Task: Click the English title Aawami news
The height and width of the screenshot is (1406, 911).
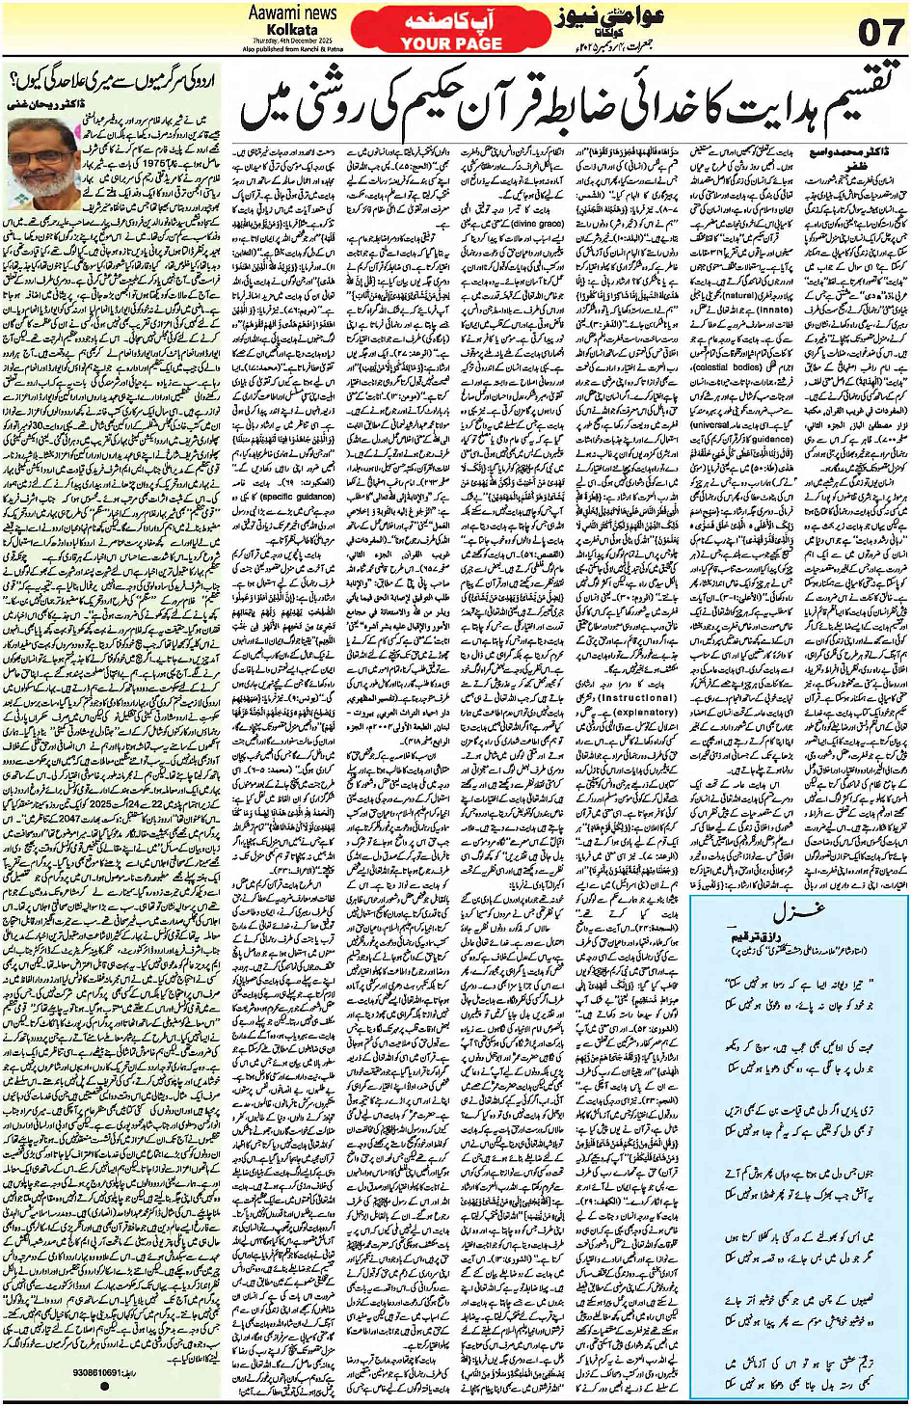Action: [x=292, y=13]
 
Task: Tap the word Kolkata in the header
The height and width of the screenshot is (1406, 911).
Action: [x=292, y=30]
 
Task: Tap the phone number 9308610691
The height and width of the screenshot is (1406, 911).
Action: [x=96, y=1371]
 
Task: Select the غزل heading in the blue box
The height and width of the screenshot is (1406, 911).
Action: [x=796, y=912]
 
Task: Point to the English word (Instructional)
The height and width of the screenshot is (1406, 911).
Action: [x=637, y=696]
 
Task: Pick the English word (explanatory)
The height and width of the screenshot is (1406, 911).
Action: [x=645, y=712]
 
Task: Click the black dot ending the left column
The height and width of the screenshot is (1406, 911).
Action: [x=104, y=1386]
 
